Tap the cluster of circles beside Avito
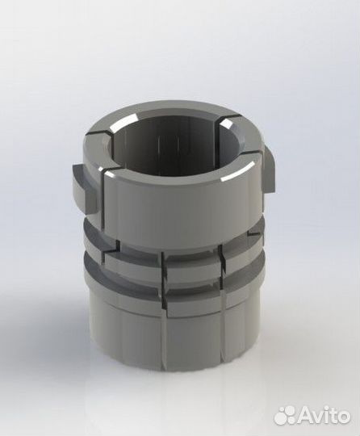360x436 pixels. (x=286, y=414)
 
